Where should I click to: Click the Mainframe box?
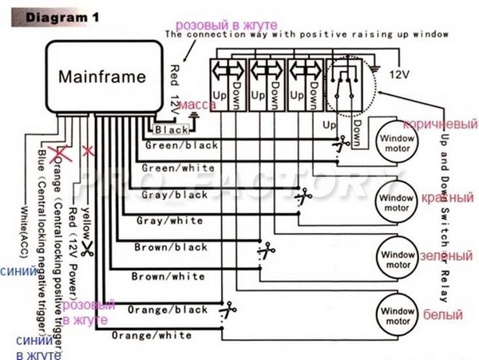103,77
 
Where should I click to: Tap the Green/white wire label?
177,168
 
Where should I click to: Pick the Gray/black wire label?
174,194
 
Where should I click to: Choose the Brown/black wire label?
171,248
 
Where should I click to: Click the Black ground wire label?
172,129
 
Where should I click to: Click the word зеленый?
445,255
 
